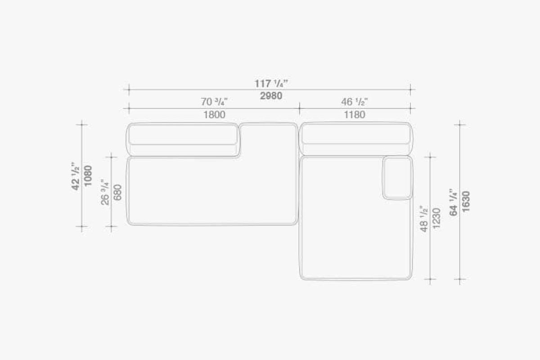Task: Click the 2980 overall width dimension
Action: click(x=271, y=96)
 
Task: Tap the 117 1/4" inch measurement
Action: click(x=271, y=84)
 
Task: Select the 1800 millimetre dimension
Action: click(x=214, y=115)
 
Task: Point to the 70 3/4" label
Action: click(x=214, y=102)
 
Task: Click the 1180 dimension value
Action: click(x=355, y=115)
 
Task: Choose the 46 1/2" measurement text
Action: click(x=355, y=102)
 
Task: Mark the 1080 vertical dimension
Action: click(x=88, y=175)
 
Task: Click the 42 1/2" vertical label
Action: click(x=76, y=176)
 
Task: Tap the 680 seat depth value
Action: click(x=117, y=192)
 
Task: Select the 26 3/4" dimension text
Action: click(x=105, y=192)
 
